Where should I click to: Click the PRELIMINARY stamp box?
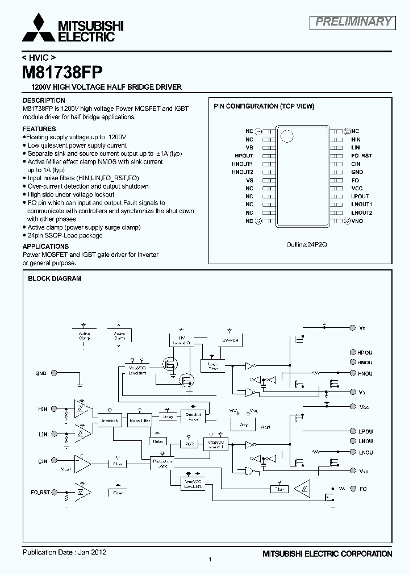point(353,22)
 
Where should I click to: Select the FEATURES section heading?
point(39,129)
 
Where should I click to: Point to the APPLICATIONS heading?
point(45,247)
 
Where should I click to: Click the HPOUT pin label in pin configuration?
point(244,156)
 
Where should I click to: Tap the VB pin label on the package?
point(249,147)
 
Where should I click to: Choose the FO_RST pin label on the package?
point(362,156)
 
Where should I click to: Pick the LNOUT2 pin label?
point(362,213)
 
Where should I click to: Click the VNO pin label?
point(357,221)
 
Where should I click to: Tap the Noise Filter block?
point(139,421)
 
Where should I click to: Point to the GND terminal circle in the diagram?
point(55,373)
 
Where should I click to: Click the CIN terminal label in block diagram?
point(43,461)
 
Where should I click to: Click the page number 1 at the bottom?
point(210,560)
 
